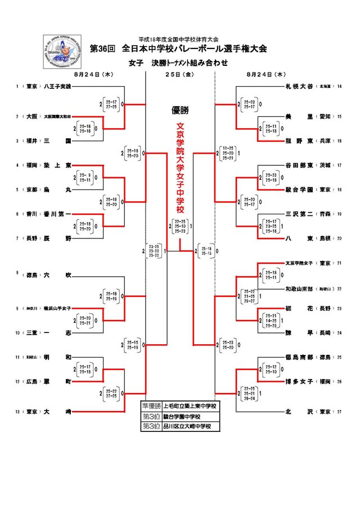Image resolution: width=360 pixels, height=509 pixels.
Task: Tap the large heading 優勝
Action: point(180,110)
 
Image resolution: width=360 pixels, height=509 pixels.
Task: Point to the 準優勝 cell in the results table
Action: point(151,406)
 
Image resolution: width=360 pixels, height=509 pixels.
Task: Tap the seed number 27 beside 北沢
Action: point(339,412)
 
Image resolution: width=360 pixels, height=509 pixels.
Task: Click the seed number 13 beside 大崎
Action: point(19,412)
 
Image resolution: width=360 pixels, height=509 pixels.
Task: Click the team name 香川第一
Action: point(58,214)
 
